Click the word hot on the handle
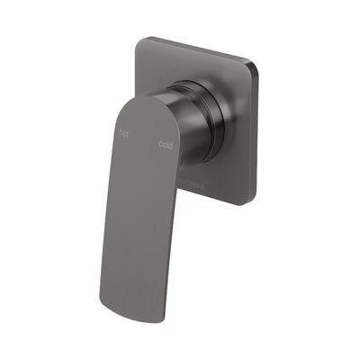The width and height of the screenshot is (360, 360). point(124,132)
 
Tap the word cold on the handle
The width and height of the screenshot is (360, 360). point(166,143)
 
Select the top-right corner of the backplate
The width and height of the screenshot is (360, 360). point(256,64)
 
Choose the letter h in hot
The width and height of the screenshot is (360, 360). point(121,131)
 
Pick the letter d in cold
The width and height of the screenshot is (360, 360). point(171,144)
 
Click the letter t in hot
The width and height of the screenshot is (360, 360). point(129,133)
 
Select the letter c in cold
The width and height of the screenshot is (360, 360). point(160,141)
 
